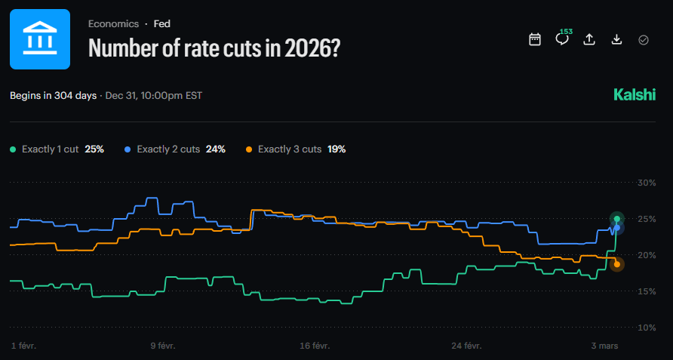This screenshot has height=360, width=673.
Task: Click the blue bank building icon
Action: click(39, 39)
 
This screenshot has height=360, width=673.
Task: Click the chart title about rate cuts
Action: click(214, 48)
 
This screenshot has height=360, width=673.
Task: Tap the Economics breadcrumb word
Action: click(114, 24)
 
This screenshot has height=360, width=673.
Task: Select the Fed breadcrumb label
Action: click(161, 24)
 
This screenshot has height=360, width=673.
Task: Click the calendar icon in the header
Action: click(535, 39)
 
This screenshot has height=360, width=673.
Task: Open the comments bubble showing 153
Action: click(562, 39)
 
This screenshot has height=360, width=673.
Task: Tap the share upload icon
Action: click(589, 39)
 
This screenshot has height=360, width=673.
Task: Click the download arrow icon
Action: click(616, 39)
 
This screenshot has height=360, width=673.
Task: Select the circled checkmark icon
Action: click(644, 39)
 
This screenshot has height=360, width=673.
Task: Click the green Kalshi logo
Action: click(635, 95)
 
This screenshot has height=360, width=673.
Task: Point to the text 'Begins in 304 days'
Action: click(54, 96)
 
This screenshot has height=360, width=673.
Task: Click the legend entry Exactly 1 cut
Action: click(50, 149)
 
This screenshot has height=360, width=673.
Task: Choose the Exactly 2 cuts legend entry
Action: click(168, 149)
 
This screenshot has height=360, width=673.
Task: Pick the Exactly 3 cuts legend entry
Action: click(290, 149)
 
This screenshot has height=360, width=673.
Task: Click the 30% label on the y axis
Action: click(647, 183)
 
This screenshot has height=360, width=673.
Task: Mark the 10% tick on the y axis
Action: click(647, 328)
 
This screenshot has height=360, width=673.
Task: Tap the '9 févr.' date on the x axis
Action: click(163, 346)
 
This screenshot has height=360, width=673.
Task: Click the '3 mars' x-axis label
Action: click(606, 346)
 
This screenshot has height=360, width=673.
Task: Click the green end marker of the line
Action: click(617, 219)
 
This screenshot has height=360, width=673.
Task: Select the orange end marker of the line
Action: click(617, 264)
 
